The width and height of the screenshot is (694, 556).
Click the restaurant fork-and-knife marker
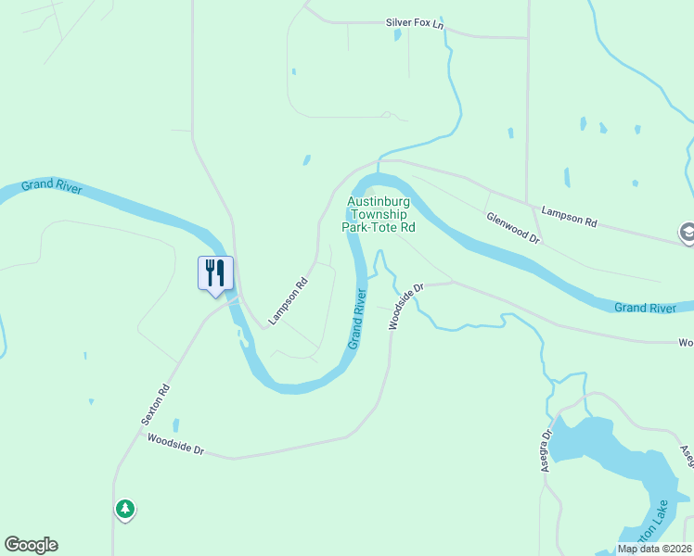click(215, 273)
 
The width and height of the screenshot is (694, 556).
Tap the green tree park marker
click(124, 509)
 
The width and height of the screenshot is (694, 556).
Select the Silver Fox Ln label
click(415, 21)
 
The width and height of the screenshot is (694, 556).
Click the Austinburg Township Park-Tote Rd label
click(380, 214)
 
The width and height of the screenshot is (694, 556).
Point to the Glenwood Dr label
click(513, 226)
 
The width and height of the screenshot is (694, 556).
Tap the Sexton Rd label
click(156, 404)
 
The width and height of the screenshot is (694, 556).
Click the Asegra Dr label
click(547, 450)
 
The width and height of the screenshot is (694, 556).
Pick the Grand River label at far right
click(646, 307)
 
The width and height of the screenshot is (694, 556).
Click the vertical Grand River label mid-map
click(358, 319)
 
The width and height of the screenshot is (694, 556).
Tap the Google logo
click(31, 545)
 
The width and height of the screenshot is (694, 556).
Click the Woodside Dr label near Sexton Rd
click(175, 446)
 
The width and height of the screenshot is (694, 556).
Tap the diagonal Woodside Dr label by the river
click(405, 306)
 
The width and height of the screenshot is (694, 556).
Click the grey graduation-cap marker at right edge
click(688, 233)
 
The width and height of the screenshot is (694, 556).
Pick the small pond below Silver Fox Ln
click(397, 35)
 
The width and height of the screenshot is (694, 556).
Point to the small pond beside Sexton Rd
click(175, 425)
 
